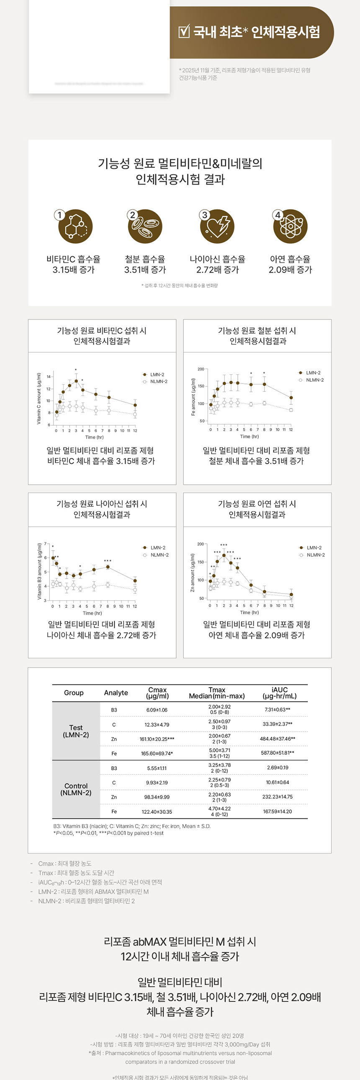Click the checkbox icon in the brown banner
pos(184,32)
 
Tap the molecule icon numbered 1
pos(75,227)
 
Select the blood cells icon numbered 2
pos(145,227)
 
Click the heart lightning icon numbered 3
pos(217,227)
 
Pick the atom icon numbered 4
pos(290,227)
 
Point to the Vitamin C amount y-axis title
pos(39,398)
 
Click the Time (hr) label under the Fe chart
pos(249,437)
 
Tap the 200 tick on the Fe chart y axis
pos(201,369)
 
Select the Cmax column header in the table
pos(157,693)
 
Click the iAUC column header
pos(280,693)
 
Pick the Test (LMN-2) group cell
pos(76,731)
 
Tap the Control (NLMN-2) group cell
pos(76,789)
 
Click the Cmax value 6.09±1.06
pos(157,710)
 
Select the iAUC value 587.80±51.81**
pos(278,753)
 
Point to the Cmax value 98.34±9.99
pos(157,797)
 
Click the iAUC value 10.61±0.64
pos(278,782)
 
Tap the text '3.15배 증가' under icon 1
pos(74,270)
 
